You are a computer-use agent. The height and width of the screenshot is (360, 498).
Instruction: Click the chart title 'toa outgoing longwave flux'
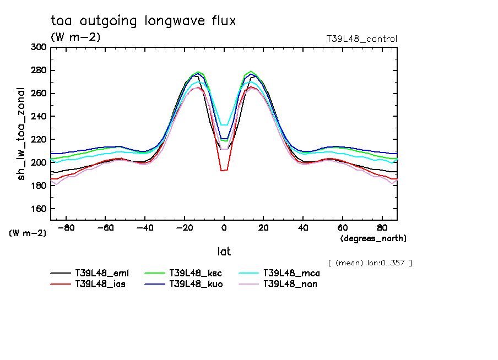(143, 21)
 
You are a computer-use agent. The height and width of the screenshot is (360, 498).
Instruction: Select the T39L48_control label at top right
(361, 39)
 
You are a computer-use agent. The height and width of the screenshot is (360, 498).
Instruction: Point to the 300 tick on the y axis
(39, 47)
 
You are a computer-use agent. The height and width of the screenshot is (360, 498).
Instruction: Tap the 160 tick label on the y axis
(39, 209)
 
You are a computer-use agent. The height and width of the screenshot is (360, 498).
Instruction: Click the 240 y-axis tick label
(39, 117)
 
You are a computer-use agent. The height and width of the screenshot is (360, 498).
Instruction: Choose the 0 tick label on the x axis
(224, 227)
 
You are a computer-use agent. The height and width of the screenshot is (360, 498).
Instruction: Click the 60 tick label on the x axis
(342, 227)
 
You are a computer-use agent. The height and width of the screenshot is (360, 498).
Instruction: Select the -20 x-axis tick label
(185, 227)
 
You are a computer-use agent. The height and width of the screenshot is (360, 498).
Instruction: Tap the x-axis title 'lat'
(224, 252)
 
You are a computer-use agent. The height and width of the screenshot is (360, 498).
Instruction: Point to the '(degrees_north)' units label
(373, 238)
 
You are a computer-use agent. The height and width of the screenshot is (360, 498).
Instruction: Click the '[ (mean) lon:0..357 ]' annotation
(370, 263)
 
